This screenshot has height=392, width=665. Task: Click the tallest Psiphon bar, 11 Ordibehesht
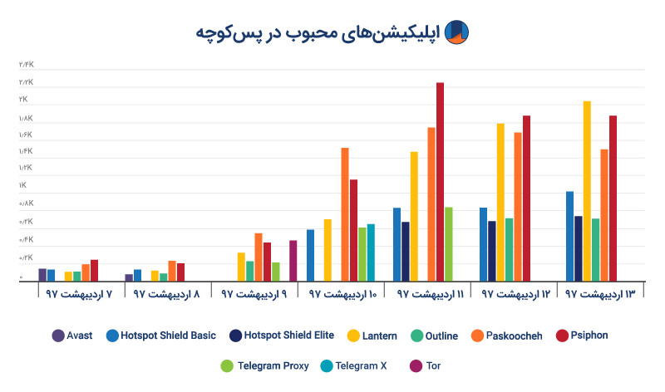coord(441,183)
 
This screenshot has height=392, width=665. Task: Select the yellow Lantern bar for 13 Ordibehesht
coord(587,192)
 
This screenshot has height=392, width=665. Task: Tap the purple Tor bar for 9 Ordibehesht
coord(293,262)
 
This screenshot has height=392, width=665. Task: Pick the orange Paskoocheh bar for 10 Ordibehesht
coord(345,215)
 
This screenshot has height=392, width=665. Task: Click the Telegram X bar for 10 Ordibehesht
coord(371,253)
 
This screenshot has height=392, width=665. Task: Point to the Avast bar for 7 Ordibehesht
coord(42,276)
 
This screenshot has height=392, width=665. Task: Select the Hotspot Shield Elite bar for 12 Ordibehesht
coord(492,252)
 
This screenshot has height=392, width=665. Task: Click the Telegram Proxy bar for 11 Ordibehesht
coord(449,245)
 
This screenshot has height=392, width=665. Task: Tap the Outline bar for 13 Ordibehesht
coord(595,251)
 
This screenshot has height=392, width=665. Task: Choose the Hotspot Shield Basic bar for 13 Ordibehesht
coord(569,238)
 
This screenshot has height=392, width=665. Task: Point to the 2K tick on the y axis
coord(22,99)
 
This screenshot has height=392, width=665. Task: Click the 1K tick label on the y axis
coord(22,185)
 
